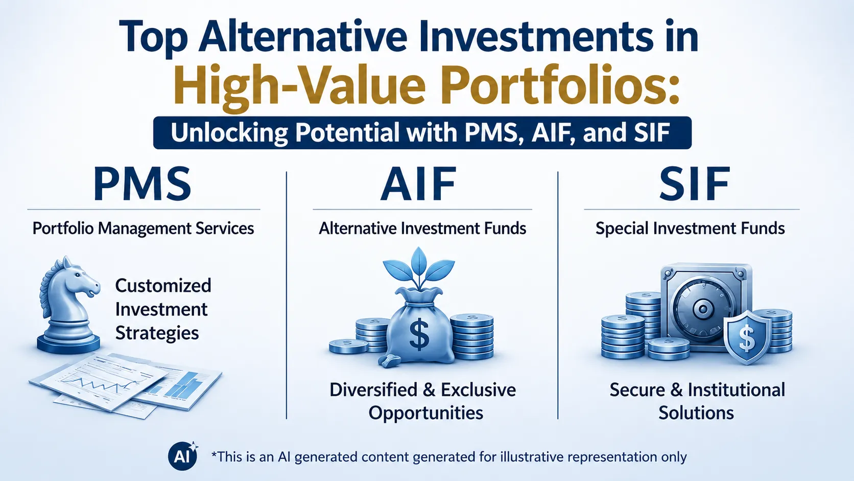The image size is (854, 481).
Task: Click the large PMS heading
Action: click(x=142, y=184)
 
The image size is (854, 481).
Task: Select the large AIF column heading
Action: click(x=418, y=184)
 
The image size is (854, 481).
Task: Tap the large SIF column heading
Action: click(x=695, y=184)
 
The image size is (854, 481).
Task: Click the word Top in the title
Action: click(x=154, y=37)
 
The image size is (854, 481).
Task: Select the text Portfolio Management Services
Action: click(x=144, y=228)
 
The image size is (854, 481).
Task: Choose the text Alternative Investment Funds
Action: click(x=422, y=228)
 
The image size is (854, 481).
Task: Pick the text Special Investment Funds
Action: click(x=690, y=228)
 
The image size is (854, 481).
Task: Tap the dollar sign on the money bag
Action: click(x=419, y=334)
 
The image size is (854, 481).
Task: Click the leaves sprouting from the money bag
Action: click(x=419, y=267)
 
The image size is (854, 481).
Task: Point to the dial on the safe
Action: click(x=702, y=308)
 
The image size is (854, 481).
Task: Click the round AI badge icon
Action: click(x=183, y=456)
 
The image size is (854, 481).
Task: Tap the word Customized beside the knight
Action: click(x=163, y=286)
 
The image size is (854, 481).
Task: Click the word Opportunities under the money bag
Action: click(x=426, y=413)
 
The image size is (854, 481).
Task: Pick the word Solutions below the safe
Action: click(x=696, y=413)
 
